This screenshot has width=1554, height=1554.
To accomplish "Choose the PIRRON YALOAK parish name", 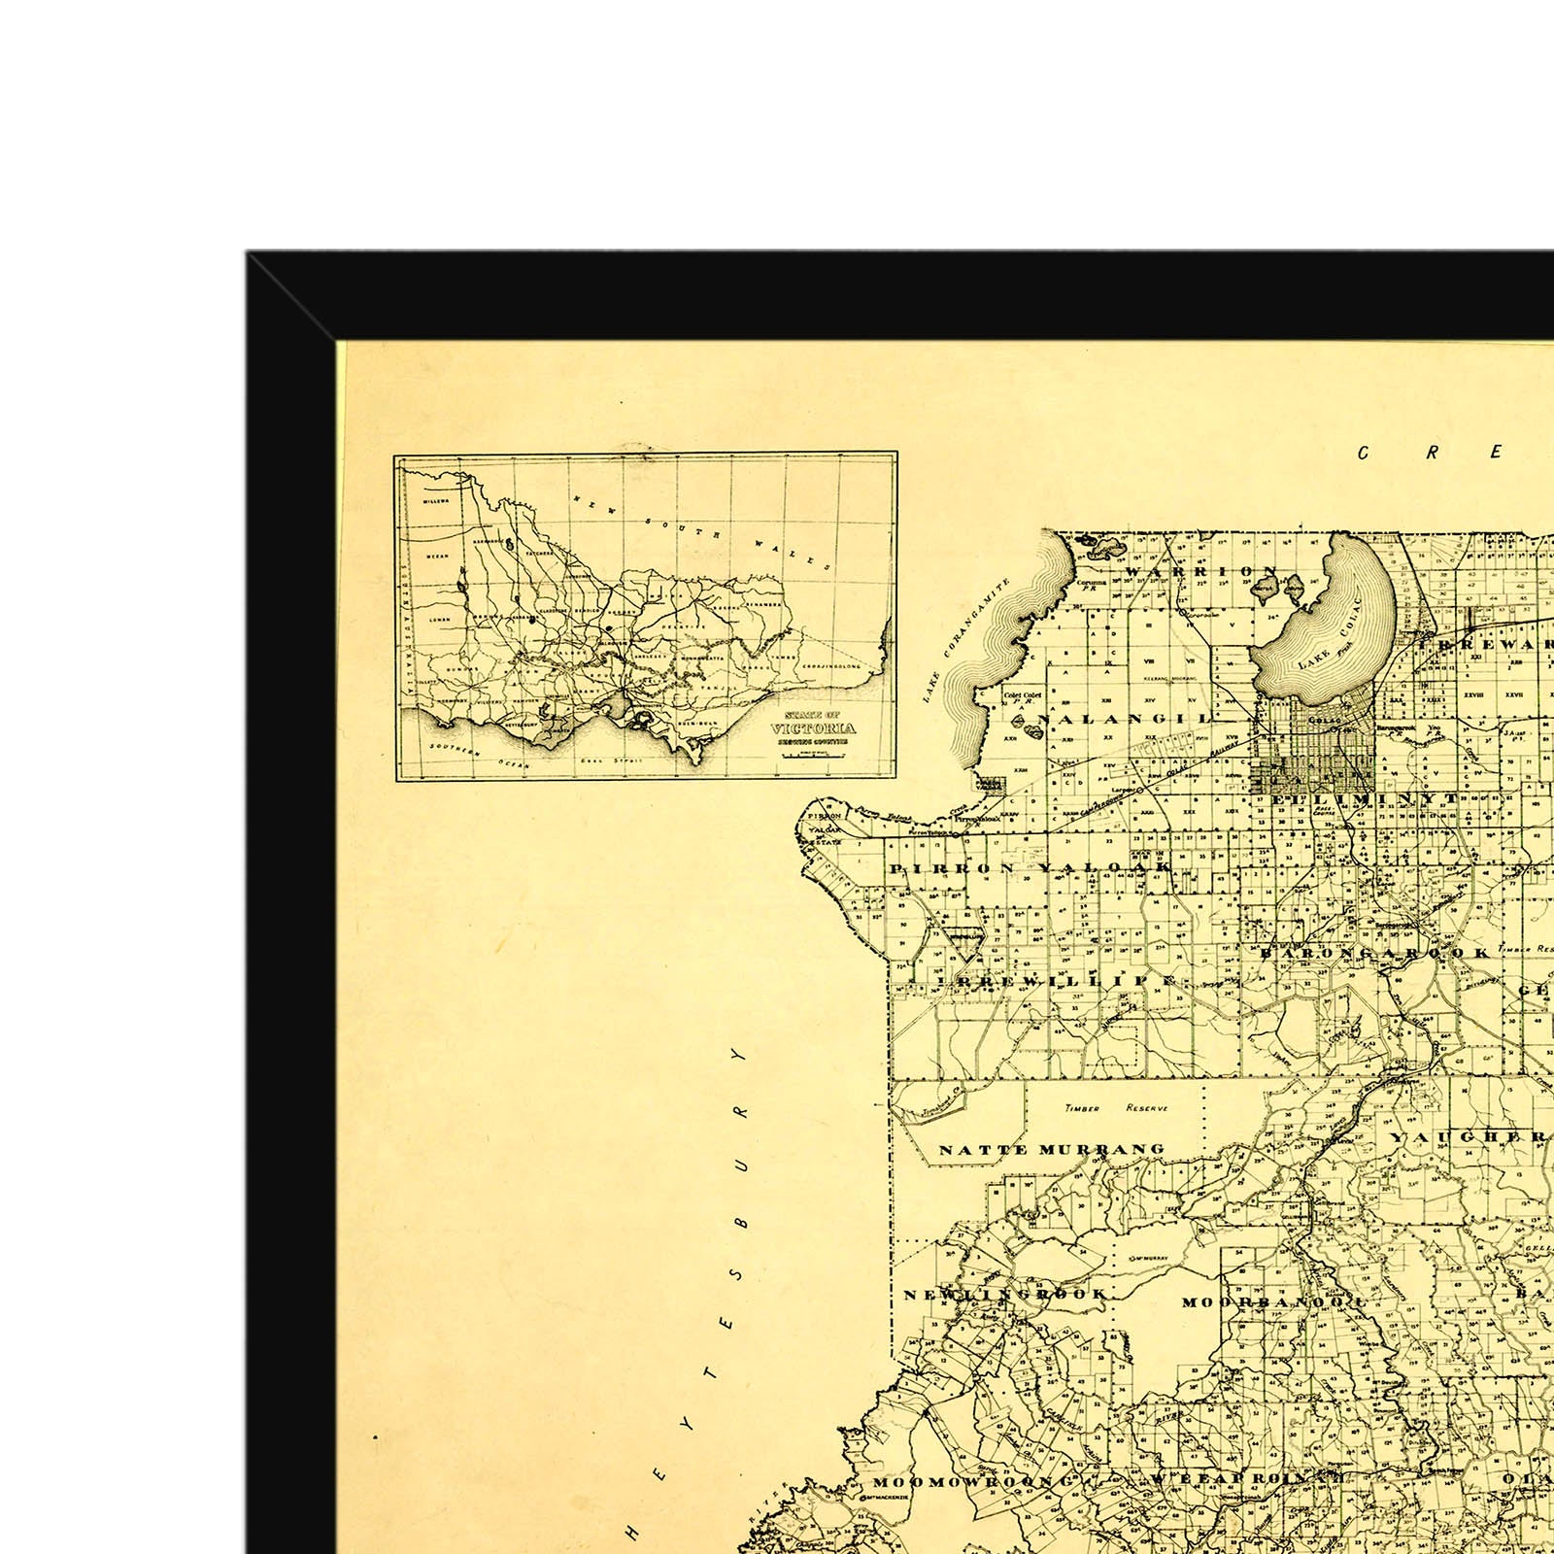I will [x=1029, y=867].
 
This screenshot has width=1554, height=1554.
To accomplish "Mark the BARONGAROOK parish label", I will [x=1373, y=954].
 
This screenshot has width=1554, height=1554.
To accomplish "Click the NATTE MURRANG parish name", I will [x=1051, y=1150].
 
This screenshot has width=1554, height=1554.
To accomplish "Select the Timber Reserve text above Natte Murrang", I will [x=1116, y=1108].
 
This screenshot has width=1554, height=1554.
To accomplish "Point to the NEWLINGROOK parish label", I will [x=1005, y=1295].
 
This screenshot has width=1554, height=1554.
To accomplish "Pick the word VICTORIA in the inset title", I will [x=814, y=728].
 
